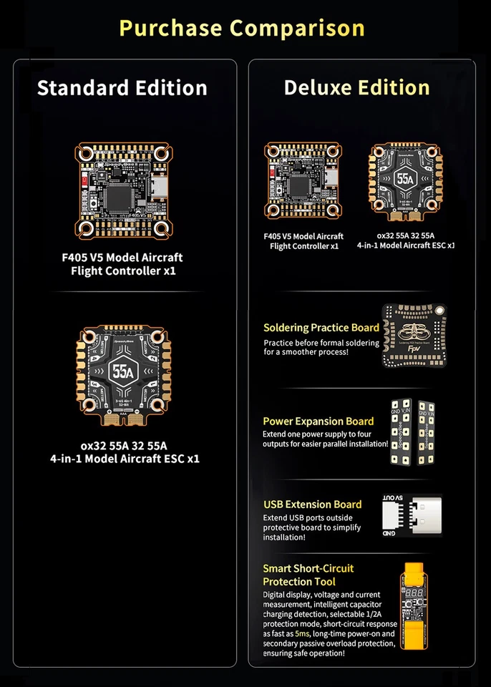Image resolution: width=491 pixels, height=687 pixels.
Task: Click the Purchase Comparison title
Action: click(x=242, y=28)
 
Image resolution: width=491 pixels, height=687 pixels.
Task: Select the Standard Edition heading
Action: click(x=122, y=88)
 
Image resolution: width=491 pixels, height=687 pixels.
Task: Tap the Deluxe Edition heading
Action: click(x=356, y=88)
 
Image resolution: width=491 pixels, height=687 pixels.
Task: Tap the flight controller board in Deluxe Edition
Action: click(x=303, y=180)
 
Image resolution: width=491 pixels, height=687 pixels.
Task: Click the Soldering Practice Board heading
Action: click(x=321, y=328)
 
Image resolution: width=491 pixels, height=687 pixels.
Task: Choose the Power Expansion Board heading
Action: click(x=319, y=422)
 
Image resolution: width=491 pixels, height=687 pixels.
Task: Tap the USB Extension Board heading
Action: click(x=313, y=505)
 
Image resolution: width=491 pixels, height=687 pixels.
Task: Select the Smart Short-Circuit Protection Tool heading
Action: click(x=308, y=575)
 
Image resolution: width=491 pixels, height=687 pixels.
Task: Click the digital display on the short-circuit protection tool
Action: click(x=413, y=596)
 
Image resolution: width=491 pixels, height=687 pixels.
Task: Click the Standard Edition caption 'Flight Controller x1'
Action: click(x=123, y=271)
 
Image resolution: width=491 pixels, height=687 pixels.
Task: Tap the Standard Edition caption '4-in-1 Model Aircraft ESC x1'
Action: click(x=125, y=458)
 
